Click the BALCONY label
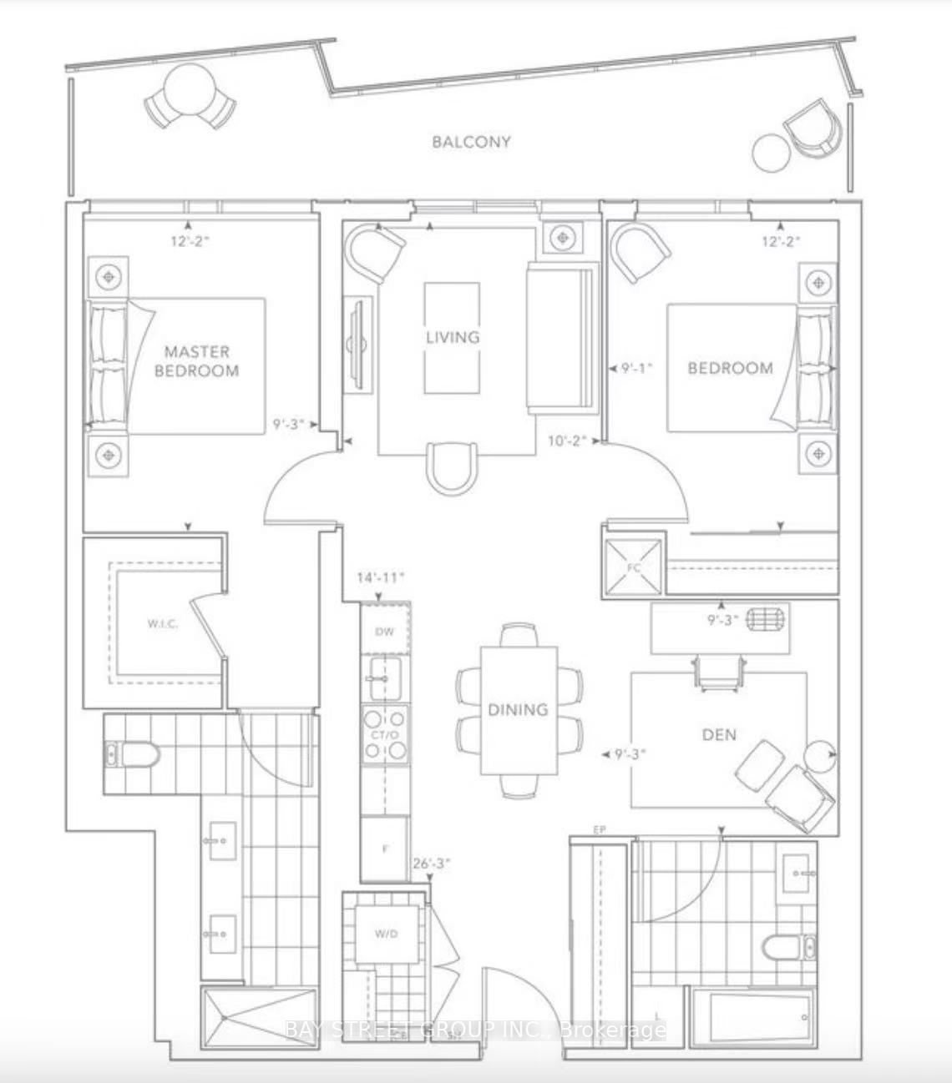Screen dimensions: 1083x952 (x=471, y=142)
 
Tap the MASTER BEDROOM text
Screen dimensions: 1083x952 (x=197, y=361)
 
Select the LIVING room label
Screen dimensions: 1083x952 (x=453, y=337)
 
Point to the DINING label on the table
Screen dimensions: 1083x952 (x=518, y=709)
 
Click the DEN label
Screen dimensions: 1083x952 (x=719, y=734)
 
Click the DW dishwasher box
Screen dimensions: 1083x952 (x=385, y=632)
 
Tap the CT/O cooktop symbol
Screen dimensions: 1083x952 (x=385, y=735)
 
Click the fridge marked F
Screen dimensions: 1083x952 (x=385, y=849)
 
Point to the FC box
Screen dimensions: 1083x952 (x=634, y=567)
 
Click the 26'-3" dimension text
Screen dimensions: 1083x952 (x=432, y=864)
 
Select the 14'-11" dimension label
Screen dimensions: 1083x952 (x=380, y=577)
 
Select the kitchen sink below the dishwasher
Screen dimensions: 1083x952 (x=385, y=678)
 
